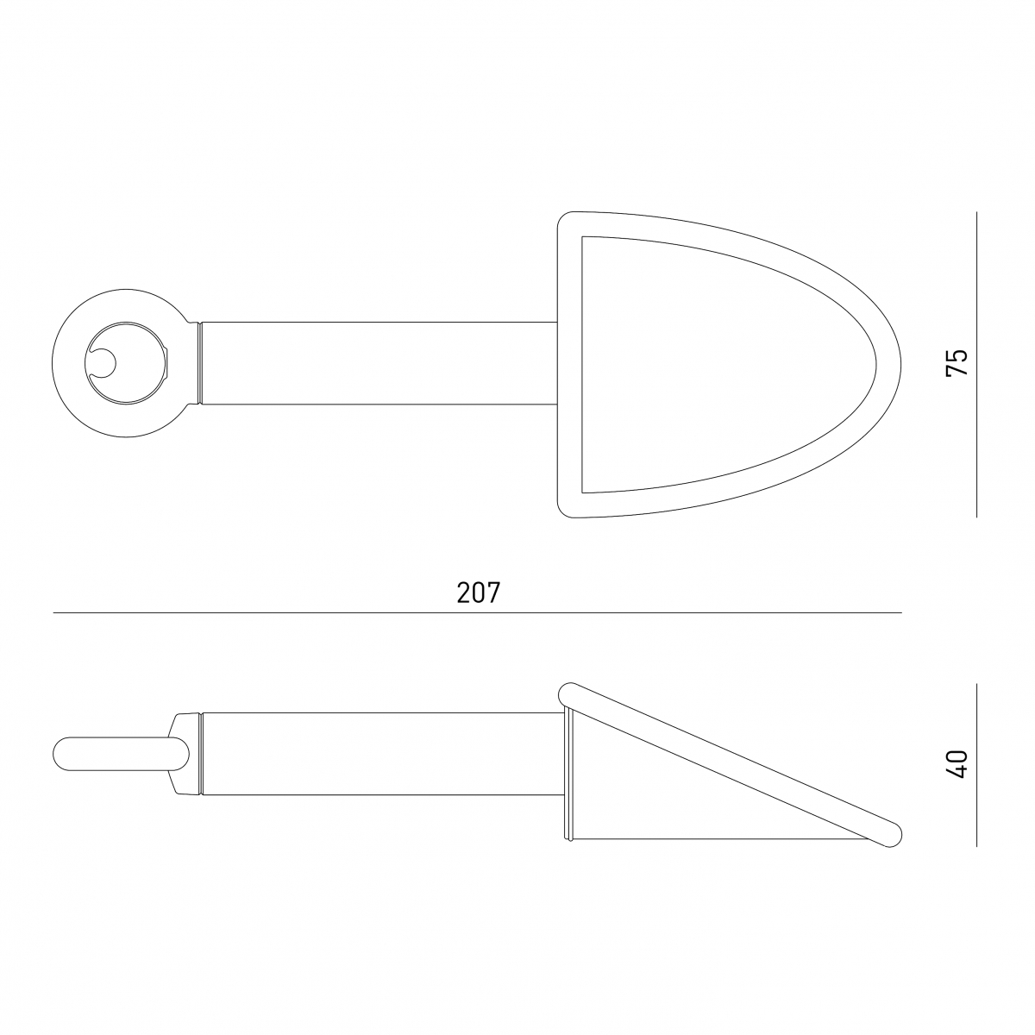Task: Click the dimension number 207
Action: click(x=478, y=593)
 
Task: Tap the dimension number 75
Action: click(x=957, y=362)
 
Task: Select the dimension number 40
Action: click(x=957, y=764)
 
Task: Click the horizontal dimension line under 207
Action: click(x=477, y=612)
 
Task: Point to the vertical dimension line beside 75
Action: click(x=976, y=364)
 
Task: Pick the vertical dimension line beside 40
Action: click(x=976, y=765)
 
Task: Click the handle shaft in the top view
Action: click(x=379, y=363)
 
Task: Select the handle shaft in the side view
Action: click(x=382, y=754)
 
